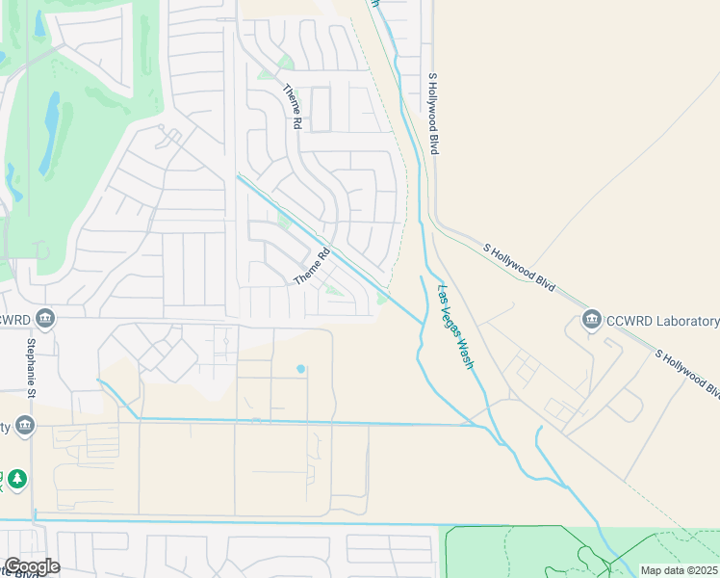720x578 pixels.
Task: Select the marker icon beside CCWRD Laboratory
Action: coord(591,320)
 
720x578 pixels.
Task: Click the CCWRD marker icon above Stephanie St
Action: coord(43,319)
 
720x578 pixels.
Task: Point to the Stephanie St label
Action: coord(31,365)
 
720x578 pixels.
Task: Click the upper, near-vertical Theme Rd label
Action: coord(291,107)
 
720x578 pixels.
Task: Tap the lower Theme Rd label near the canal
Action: coord(312,267)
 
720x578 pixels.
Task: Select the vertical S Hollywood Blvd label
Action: coord(433,114)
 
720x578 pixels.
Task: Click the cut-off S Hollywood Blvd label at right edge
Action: coord(689,374)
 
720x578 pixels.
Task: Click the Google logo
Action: coord(31,566)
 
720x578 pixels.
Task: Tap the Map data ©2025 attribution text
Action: coord(679,570)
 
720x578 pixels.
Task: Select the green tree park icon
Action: coord(16,479)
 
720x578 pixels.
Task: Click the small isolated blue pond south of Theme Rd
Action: coord(301,368)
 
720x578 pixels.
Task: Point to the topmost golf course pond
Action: coord(39,23)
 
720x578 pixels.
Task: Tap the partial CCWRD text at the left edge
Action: coord(13,319)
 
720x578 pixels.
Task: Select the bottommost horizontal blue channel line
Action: coord(241,523)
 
